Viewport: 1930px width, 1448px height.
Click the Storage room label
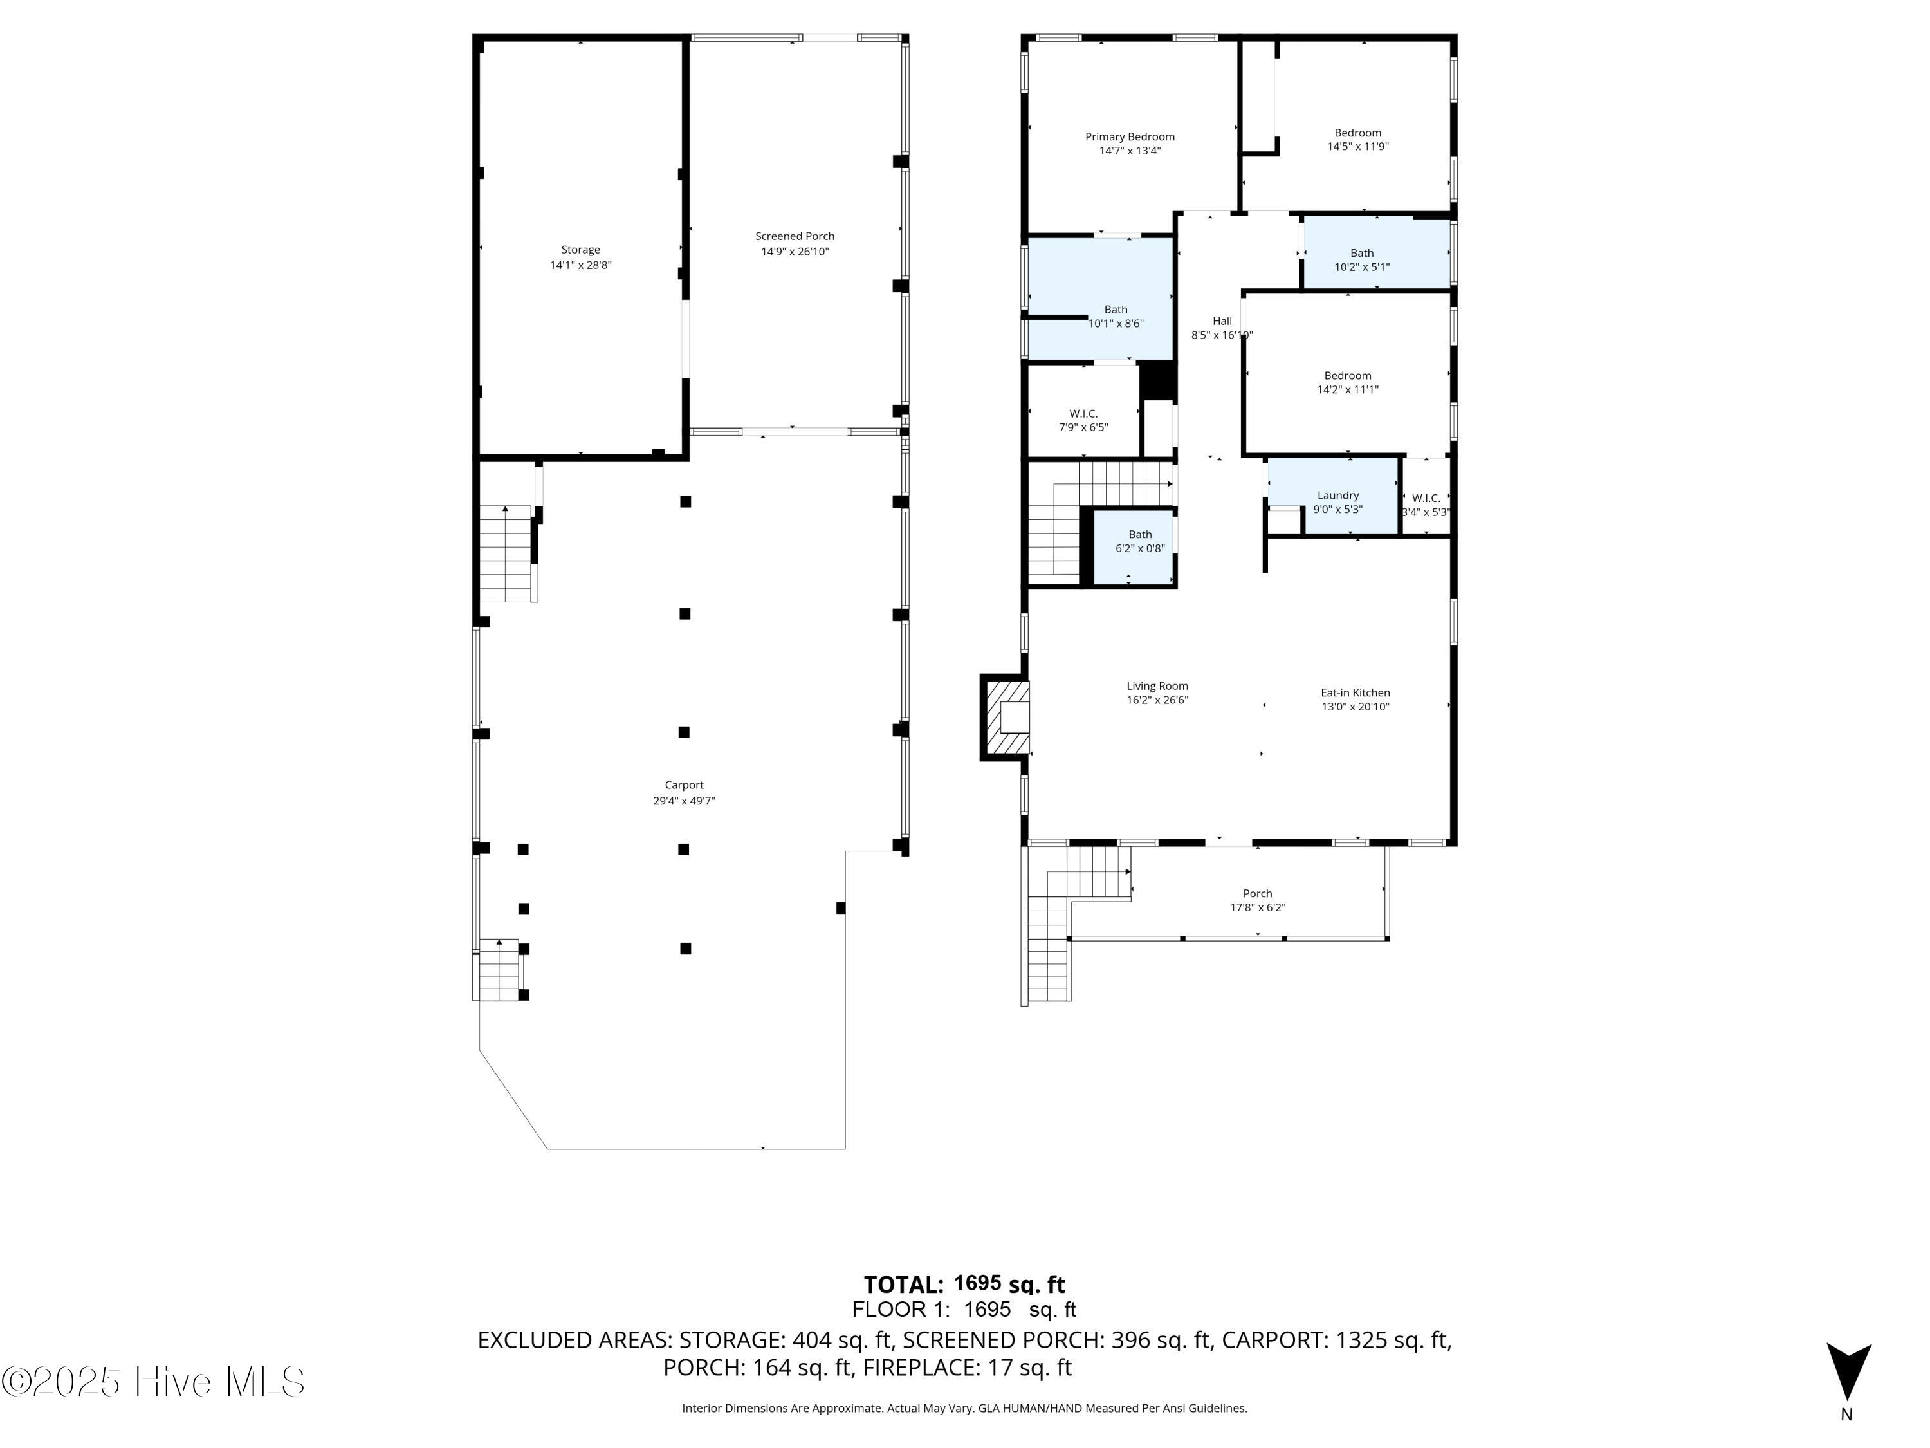point(580,250)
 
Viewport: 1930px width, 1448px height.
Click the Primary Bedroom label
point(1129,137)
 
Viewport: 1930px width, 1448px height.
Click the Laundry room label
point(1337,496)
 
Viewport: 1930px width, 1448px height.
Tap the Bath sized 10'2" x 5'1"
point(1361,260)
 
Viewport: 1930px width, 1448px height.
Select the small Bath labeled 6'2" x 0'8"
point(1139,541)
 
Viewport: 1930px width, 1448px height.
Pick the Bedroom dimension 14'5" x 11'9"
point(1357,147)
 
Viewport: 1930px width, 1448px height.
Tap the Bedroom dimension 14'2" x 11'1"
point(1347,390)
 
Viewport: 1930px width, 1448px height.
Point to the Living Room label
point(1157,687)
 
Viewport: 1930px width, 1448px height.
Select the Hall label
point(1222,321)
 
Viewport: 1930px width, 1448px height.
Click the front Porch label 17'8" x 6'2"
point(1256,900)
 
